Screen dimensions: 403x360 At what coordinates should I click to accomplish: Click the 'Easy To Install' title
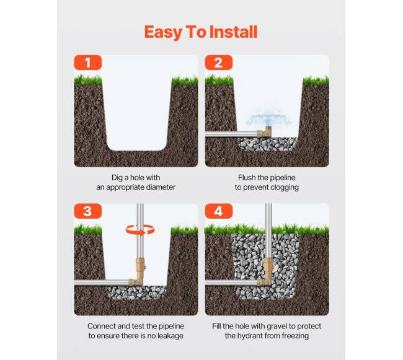click(201, 32)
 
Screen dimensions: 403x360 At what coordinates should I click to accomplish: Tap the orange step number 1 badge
click(88, 63)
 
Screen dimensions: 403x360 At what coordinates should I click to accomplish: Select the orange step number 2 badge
click(219, 63)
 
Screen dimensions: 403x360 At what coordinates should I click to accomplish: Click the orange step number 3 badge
click(88, 211)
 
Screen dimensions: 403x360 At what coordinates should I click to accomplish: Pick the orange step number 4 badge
click(219, 211)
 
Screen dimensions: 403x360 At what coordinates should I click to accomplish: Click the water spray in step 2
click(268, 116)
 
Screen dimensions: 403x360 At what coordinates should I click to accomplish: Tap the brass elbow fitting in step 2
click(265, 132)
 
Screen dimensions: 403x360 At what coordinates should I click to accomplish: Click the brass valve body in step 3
click(140, 268)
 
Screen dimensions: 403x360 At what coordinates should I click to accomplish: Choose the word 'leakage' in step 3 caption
click(170, 336)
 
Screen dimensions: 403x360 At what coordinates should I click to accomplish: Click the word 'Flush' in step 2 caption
click(246, 178)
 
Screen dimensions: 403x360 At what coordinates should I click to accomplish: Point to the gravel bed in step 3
click(136, 292)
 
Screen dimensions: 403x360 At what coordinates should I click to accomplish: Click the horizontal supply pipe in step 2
click(231, 134)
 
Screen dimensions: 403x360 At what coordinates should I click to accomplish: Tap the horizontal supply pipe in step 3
click(102, 283)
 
